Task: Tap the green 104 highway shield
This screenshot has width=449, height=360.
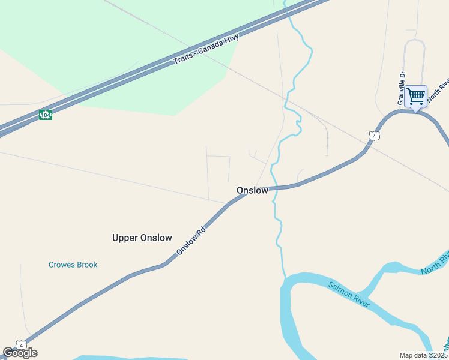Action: pos(45,115)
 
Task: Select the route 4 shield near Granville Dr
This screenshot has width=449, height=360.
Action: pos(375,136)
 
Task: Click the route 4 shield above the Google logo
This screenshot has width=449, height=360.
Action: pos(22,345)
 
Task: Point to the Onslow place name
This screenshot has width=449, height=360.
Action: pos(252,190)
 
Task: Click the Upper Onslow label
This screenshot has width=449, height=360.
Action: pos(142,238)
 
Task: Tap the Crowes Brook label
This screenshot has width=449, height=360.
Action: pos(73,265)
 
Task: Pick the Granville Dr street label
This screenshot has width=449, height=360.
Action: pos(402,88)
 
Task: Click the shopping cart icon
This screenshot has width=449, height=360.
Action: pos(415,97)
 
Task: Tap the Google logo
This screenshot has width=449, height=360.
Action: pos(20,353)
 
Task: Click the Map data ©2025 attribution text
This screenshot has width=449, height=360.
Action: pos(424,355)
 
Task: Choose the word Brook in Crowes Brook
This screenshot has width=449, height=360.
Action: pos(85,265)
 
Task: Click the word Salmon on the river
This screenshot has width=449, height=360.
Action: pos(339,288)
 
